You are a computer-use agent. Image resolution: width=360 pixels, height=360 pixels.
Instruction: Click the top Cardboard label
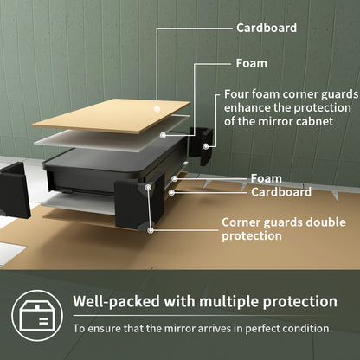267,28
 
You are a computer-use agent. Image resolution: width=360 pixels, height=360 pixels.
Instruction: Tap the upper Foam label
252,63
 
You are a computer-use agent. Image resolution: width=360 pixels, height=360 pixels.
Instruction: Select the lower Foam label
267,178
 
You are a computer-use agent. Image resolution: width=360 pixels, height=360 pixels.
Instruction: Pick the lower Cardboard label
281,192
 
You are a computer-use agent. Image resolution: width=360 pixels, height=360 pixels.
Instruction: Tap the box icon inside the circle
37,316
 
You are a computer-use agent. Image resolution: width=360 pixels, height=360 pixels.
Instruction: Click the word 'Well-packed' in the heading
116,302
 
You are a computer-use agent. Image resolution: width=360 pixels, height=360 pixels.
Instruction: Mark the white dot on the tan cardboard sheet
157,109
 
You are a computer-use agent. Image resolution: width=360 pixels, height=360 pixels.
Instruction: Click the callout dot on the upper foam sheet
164,135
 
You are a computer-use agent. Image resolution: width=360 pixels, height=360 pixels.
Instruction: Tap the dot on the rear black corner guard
206,146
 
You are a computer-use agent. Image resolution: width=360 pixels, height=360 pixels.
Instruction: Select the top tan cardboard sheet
111,116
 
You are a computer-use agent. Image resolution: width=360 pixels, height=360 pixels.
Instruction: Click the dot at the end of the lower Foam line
174,179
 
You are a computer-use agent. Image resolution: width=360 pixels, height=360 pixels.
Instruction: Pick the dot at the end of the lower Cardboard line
171,192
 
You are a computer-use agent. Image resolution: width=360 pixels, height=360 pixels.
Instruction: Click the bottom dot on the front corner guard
151,230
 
